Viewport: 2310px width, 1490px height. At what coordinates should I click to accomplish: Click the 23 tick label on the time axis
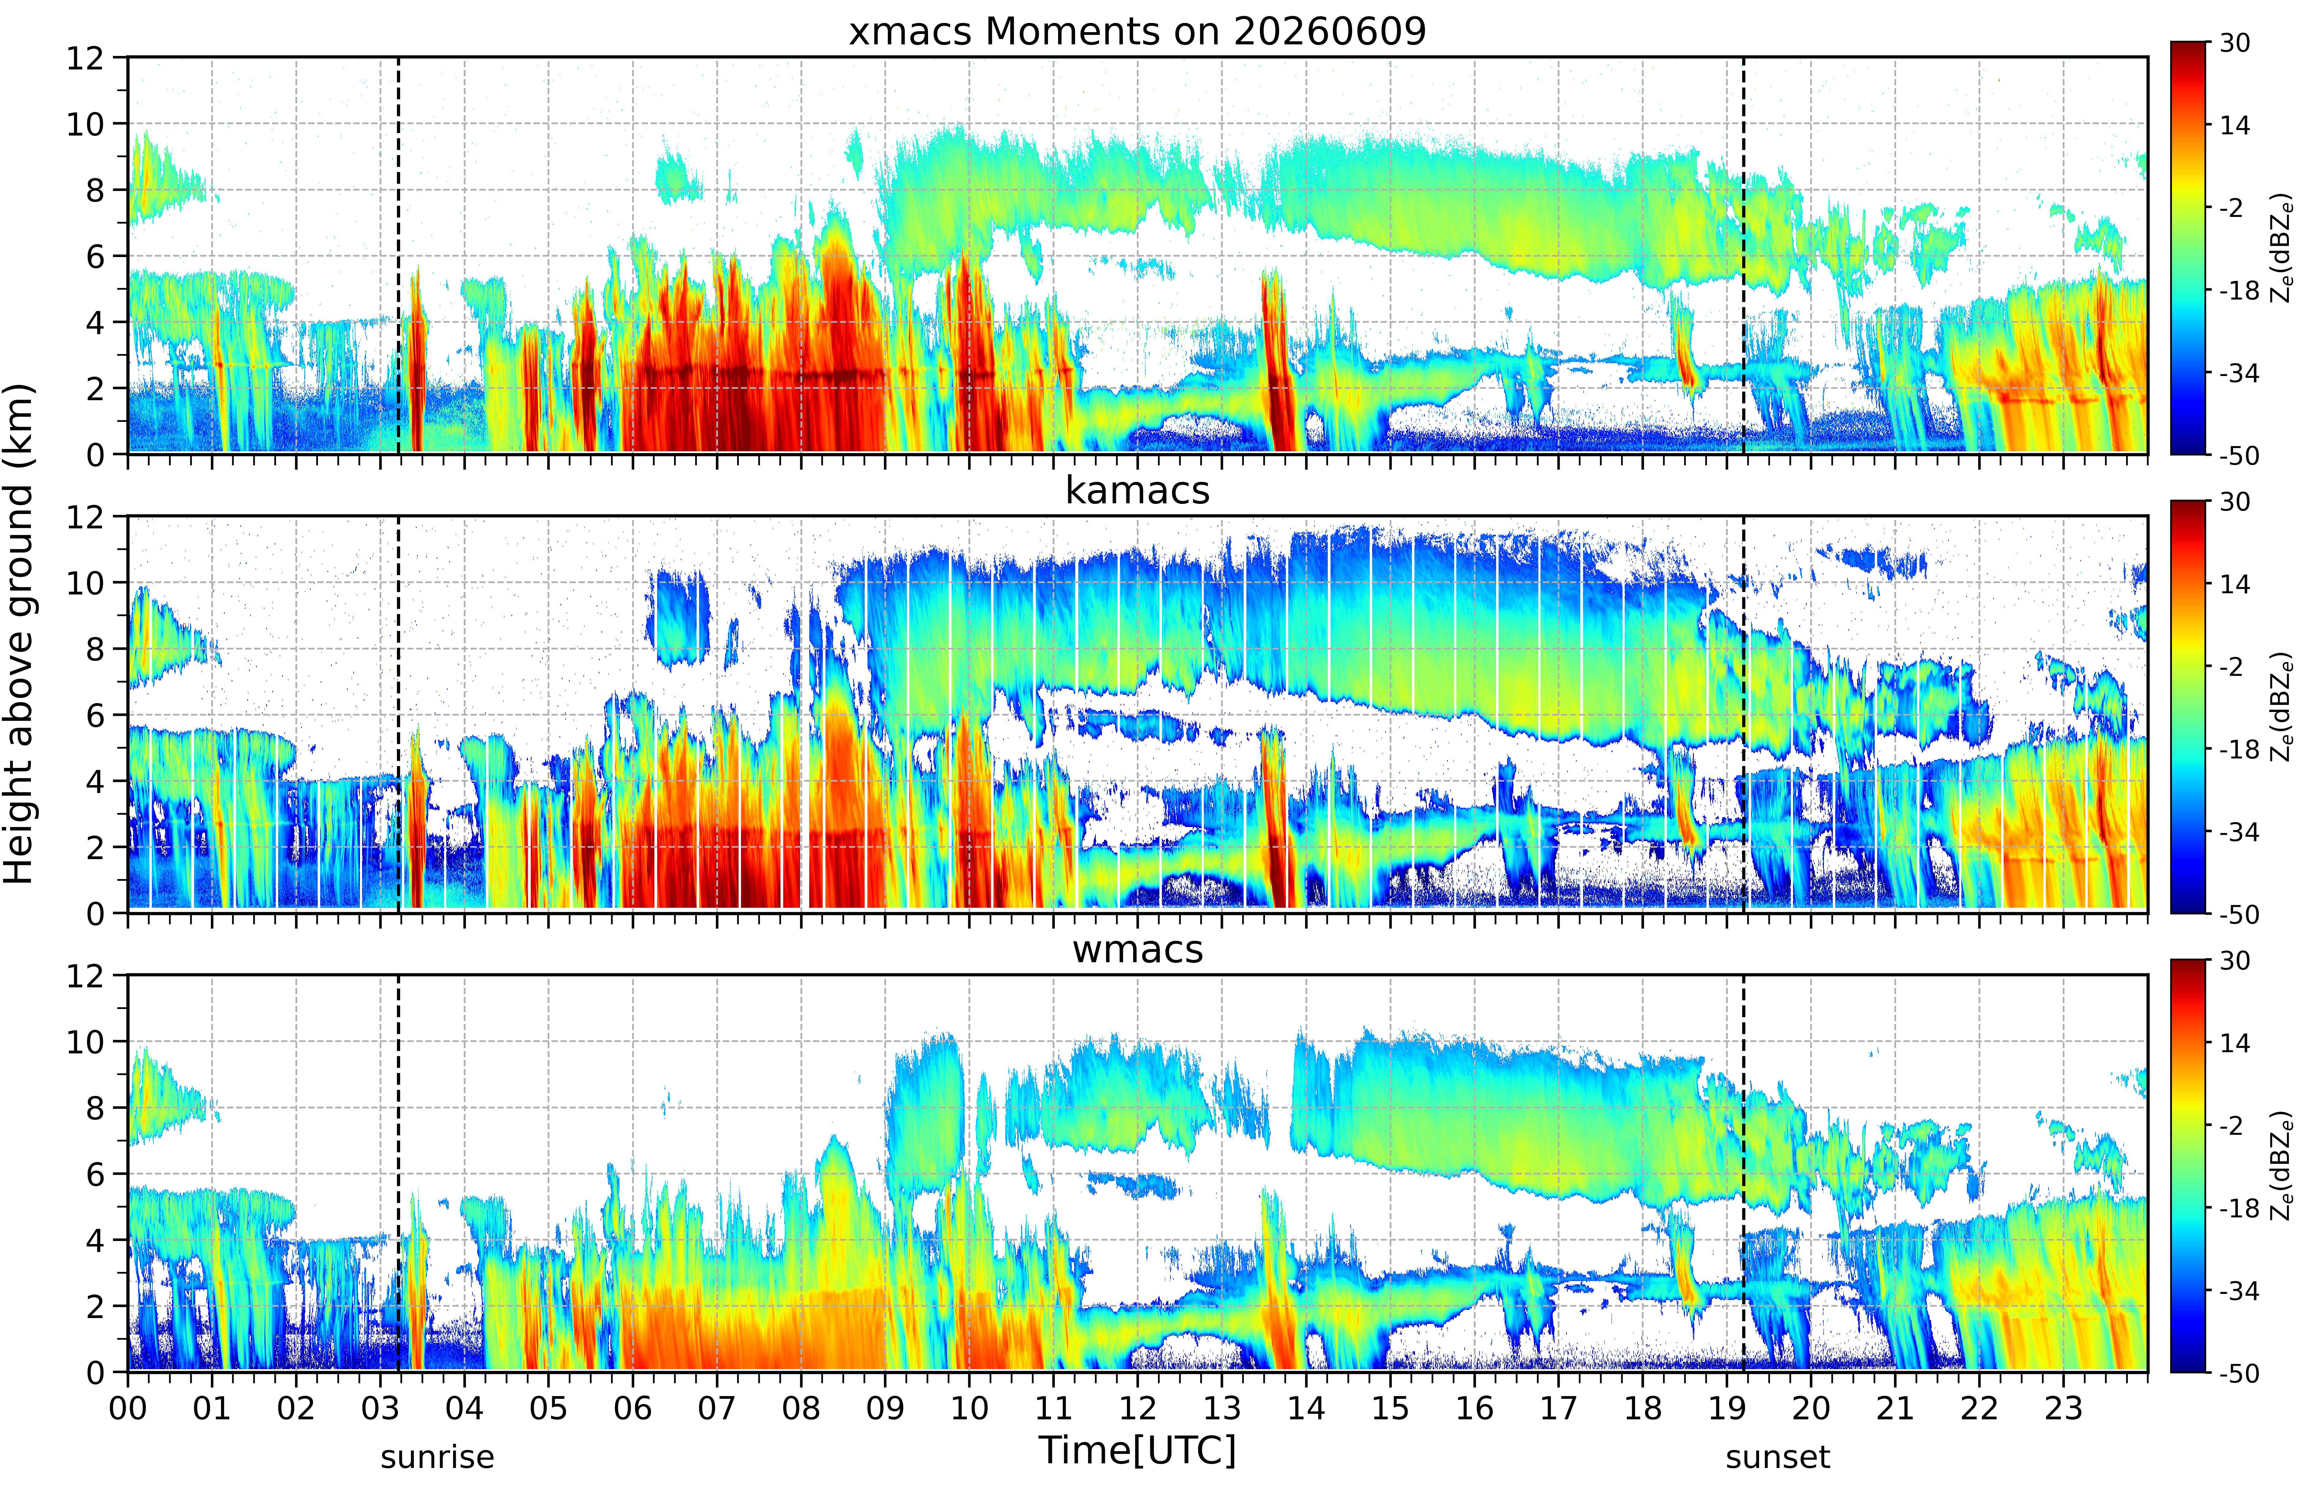(x=2063, y=1408)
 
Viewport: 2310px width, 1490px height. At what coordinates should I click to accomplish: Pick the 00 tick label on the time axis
(x=128, y=1408)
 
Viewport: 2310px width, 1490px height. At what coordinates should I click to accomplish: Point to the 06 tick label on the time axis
(x=633, y=1408)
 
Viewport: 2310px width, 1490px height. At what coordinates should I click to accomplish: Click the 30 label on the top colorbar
(x=2234, y=43)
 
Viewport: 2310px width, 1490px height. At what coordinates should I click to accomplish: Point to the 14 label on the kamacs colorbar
(x=2234, y=584)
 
